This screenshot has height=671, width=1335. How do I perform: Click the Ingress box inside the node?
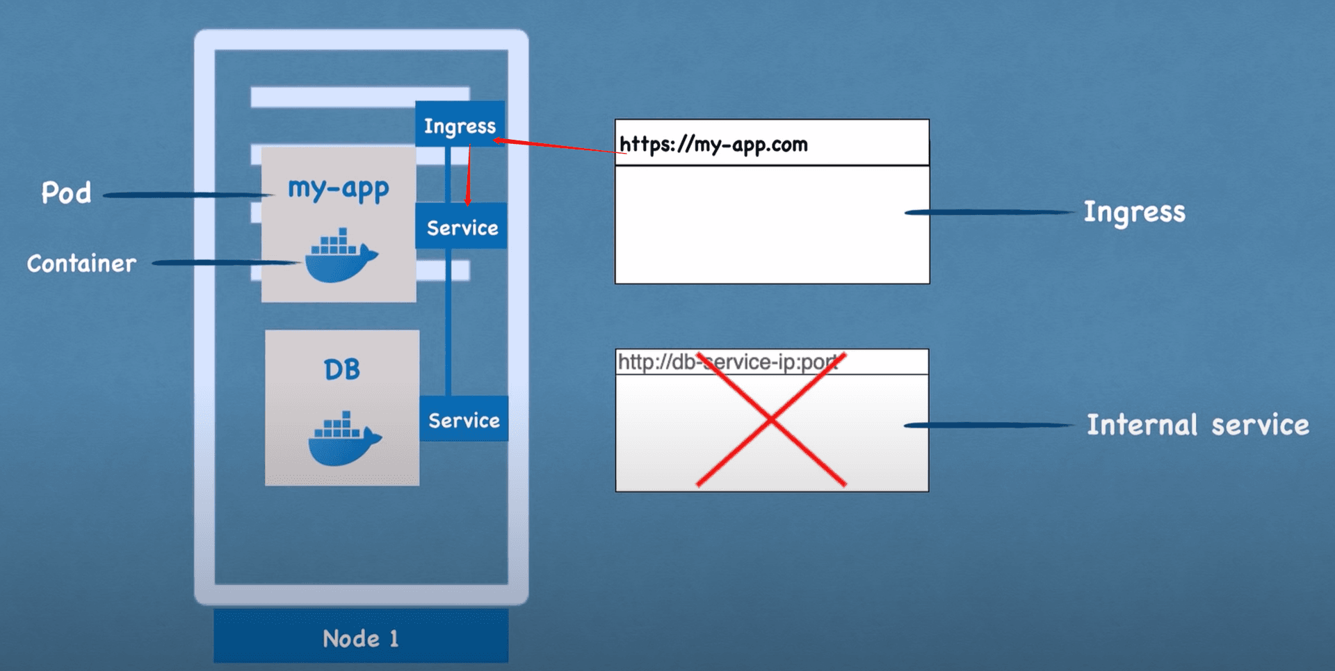point(460,125)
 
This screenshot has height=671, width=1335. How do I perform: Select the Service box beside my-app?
point(462,227)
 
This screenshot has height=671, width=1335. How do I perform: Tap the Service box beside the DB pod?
point(464,419)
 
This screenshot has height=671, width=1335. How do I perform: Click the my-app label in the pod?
point(339,188)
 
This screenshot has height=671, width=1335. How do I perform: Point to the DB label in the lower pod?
point(341,369)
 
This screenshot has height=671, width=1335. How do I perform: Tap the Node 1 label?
point(360,638)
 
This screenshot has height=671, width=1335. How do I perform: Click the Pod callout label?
point(66,193)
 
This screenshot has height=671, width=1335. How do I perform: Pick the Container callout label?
point(81,263)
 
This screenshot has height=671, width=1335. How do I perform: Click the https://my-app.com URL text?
point(713,144)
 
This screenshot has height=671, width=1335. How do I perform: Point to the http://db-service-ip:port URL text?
point(727,362)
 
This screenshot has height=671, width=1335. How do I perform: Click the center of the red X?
point(771,419)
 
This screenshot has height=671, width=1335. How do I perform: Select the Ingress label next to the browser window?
point(1134,211)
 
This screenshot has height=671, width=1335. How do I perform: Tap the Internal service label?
point(1197,424)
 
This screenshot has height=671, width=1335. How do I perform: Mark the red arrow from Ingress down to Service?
point(469,174)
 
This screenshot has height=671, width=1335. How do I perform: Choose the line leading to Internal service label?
point(987,425)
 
